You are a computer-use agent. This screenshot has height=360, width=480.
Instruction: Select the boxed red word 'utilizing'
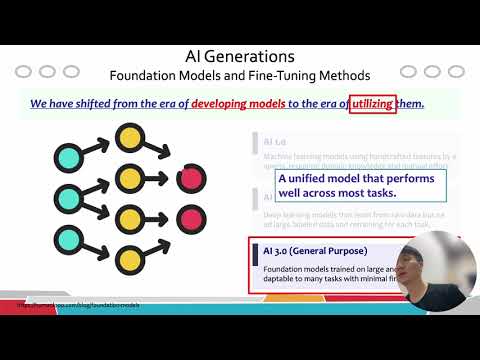pos(372,104)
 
